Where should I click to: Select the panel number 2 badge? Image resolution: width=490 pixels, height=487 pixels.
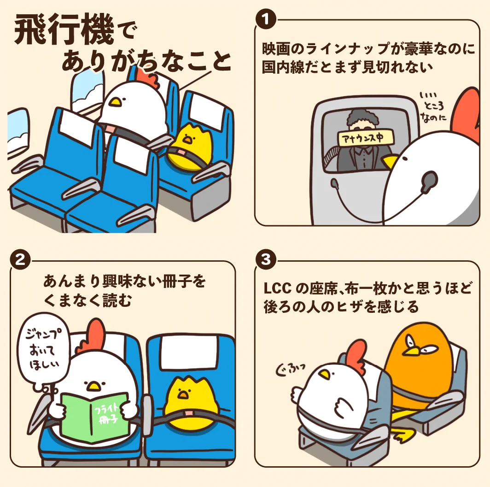(20, 260)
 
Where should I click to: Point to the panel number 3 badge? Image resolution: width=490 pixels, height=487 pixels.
(265, 260)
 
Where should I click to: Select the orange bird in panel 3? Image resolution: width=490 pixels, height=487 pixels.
(417, 364)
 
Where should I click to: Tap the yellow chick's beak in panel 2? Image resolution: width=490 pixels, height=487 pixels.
(183, 393)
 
